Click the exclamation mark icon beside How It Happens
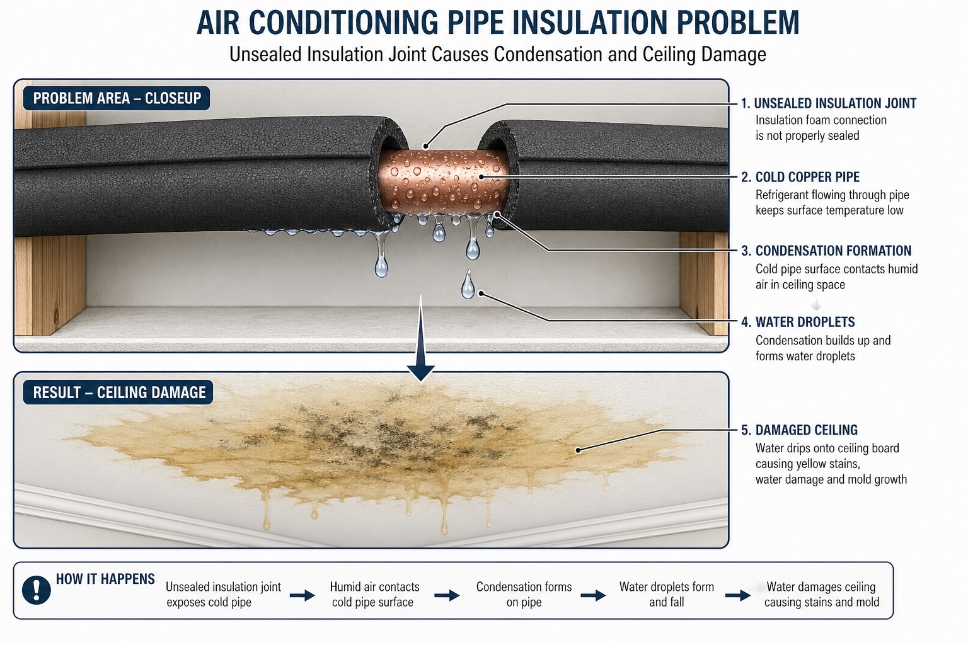(37, 590)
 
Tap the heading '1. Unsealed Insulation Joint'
(829, 103)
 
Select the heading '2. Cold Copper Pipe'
(800, 177)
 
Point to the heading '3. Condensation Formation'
(826, 251)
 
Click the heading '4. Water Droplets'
(798, 322)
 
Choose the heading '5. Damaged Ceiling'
(800, 430)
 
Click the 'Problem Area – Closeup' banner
(117, 98)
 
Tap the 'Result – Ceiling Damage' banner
(118, 392)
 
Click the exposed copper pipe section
(444, 181)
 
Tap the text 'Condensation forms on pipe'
(524, 595)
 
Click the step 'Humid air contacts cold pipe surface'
(374, 595)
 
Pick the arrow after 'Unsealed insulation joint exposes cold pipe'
(302, 596)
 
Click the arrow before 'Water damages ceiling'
(738, 596)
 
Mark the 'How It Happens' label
(105, 579)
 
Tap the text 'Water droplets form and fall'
(666, 595)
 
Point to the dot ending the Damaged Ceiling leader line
(578, 450)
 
